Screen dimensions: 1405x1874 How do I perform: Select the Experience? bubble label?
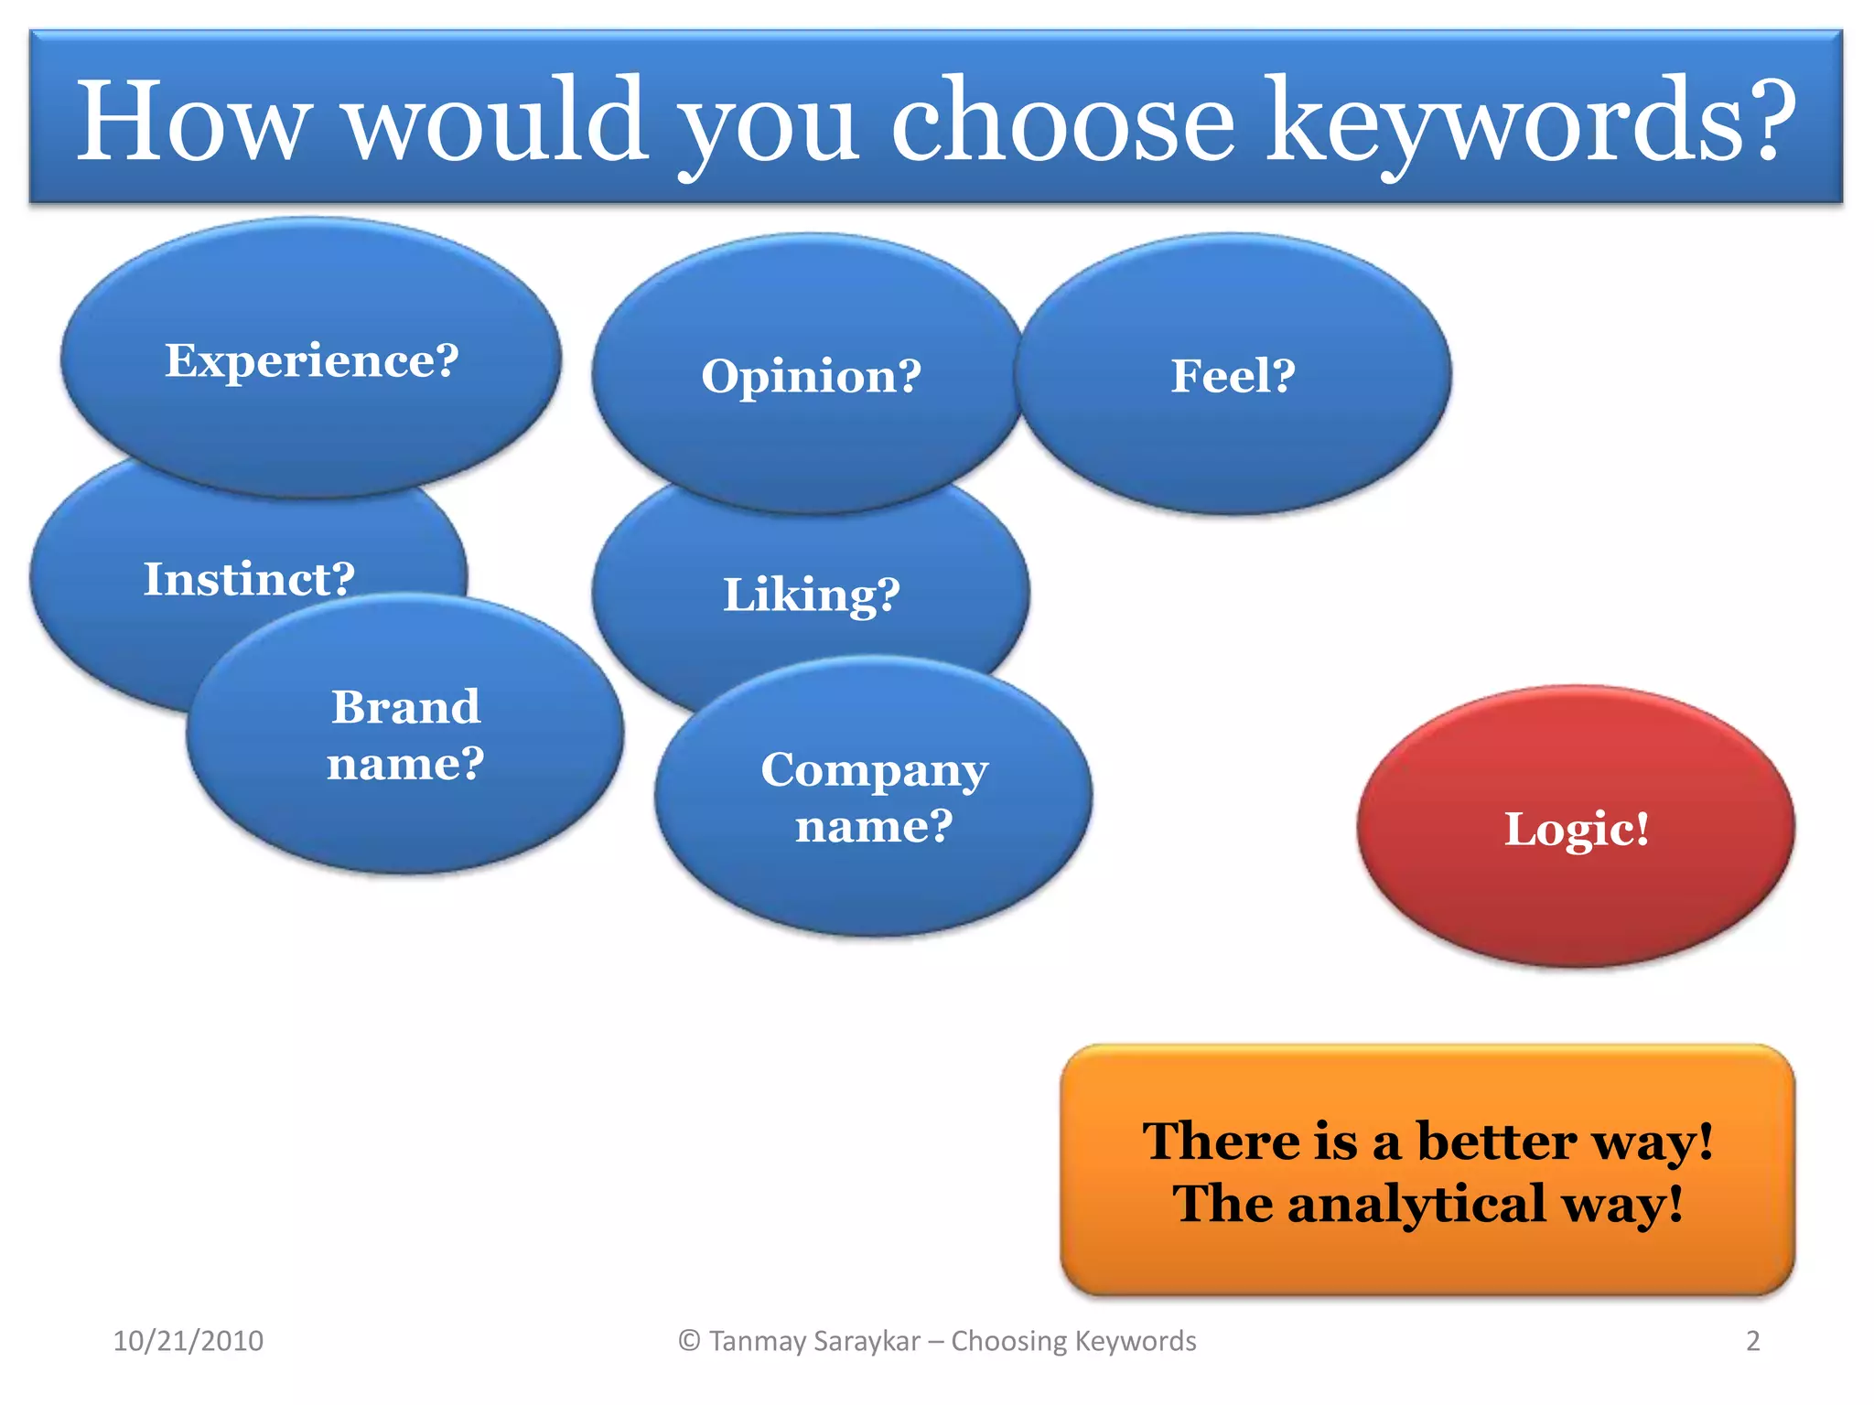(x=311, y=360)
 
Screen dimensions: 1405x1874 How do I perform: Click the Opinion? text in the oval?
(x=811, y=376)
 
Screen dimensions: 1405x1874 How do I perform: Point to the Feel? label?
(x=1233, y=376)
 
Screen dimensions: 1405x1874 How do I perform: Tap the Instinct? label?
(x=249, y=579)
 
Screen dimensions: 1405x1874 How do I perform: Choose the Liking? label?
(x=811, y=595)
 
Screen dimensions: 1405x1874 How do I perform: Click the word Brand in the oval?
(x=405, y=707)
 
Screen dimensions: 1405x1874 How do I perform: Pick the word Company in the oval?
(x=874, y=770)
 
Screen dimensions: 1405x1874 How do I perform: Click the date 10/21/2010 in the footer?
(x=188, y=1341)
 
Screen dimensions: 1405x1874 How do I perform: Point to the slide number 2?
(x=1752, y=1341)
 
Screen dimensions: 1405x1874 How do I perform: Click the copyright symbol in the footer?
(x=689, y=1341)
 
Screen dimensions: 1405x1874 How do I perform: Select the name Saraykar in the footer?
(x=866, y=1341)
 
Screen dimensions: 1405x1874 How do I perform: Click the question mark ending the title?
(x=1766, y=122)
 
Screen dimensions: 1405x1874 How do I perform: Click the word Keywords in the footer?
(x=1135, y=1341)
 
